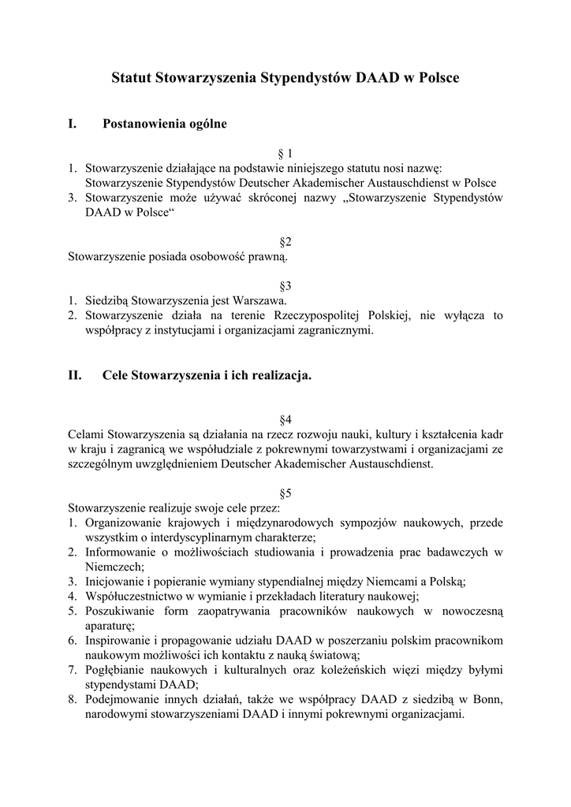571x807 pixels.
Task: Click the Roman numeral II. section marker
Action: [76, 376]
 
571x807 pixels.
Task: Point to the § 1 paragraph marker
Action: [285, 153]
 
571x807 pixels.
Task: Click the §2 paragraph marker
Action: [285, 242]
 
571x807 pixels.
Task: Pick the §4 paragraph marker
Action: [285, 419]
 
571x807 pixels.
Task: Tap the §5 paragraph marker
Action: [285, 493]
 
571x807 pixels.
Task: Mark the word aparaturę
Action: [112, 626]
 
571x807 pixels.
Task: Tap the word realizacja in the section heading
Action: [281, 376]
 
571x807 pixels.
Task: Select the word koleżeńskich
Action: [353, 670]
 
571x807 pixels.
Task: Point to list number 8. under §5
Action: [72, 699]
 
